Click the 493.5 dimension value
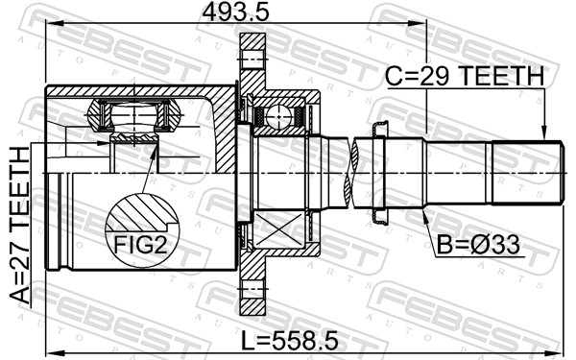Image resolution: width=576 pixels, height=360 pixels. coord(236,12)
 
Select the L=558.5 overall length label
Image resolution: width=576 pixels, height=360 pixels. coord(290,341)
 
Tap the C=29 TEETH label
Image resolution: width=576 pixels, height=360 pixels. coord(465,77)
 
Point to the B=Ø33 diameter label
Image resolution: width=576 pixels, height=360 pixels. coord(478,245)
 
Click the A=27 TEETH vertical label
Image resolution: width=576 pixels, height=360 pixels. coord(19,226)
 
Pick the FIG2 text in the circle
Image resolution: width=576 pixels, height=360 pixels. coord(141,244)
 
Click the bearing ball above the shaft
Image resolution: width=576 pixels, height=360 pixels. coord(278,117)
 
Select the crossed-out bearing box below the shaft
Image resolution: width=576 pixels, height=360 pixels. coord(279,229)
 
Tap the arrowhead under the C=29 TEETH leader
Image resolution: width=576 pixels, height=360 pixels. coord(544,132)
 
